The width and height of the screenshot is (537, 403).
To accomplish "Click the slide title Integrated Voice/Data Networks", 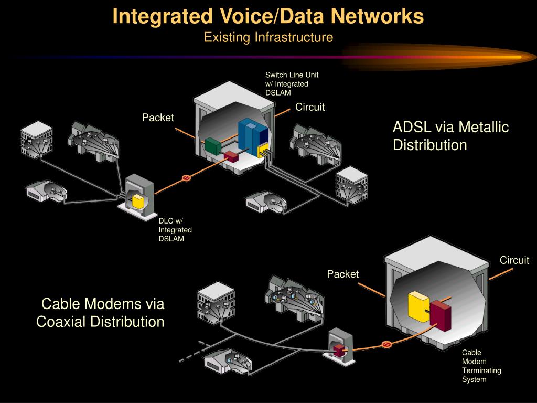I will pyautogui.click(x=268, y=16).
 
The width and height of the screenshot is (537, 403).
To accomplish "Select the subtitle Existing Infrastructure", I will pyautogui.click(x=268, y=37).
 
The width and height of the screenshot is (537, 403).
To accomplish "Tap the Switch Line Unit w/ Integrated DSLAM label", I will pyautogui.click(x=292, y=83).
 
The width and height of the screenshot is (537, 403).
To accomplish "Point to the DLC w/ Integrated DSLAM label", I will pyautogui.click(x=175, y=230).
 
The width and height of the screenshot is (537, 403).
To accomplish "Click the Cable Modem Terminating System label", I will pyautogui.click(x=481, y=366).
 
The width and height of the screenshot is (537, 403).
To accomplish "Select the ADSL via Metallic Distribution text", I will pyautogui.click(x=450, y=135).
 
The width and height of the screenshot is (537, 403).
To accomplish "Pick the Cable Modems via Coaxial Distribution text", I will pyautogui.click(x=101, y=312).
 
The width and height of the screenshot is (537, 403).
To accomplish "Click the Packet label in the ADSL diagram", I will pyautogui.click(x=158, y=118).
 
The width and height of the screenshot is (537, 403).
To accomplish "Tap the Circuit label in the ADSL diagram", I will pyautogui.click(x=310, y=107).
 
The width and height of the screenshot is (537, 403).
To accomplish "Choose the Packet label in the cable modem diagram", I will pyautogui.click(x=343, y=274).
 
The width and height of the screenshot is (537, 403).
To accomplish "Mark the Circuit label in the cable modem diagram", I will pyautogui.click(x=514, y=260).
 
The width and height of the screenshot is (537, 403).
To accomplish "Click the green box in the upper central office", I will pyautogui.click(x=212, y=146).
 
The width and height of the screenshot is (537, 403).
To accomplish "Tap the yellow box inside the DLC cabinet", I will pyautogui.click(x=138, y=201).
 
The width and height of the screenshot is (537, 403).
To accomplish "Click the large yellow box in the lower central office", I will pyautogui.click(x=418, y=306).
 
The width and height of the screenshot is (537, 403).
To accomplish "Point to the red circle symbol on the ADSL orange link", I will pyautogui.click(x=185, y=178).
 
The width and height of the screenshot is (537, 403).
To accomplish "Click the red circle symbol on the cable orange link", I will pyautogui.click(x=386, y=344).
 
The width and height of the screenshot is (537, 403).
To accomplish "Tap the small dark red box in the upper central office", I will pyautogui.click(x=231, y=156).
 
